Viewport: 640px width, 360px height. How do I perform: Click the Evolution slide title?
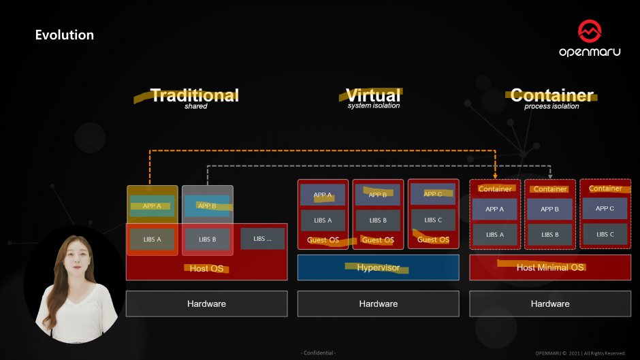tap(65, 35)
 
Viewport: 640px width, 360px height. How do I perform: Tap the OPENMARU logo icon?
tap(590, 31)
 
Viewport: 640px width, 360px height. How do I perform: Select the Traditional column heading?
tap(195, 95)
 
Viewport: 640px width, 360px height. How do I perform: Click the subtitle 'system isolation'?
tap(374, 106)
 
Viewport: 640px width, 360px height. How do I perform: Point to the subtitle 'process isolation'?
tap(551, 106)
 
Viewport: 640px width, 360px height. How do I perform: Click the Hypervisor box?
tap(379, 267)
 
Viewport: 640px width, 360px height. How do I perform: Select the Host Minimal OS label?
tap(550, 267)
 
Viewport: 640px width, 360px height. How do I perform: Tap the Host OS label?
tap(206, 268)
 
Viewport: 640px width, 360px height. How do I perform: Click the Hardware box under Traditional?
tap(206, 304)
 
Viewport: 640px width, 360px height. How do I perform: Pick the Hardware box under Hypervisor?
tap(379, 304)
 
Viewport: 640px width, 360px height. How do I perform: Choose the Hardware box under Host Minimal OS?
tap(550, 304)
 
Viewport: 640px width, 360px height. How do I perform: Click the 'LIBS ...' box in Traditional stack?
tap(262, 239)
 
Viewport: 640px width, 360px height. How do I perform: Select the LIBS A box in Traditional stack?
tap(153, 240)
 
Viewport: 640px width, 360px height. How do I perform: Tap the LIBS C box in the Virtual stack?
tap(434, 220)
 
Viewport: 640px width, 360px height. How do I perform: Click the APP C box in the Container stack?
tap(605, 208)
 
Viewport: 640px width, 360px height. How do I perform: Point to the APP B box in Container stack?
tap(550, 209)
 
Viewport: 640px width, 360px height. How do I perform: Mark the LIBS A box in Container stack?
tap(495, 235)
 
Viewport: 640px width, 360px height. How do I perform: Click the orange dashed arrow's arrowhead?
tap(495, 176)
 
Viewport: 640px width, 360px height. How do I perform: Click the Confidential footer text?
tap(319, 353)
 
